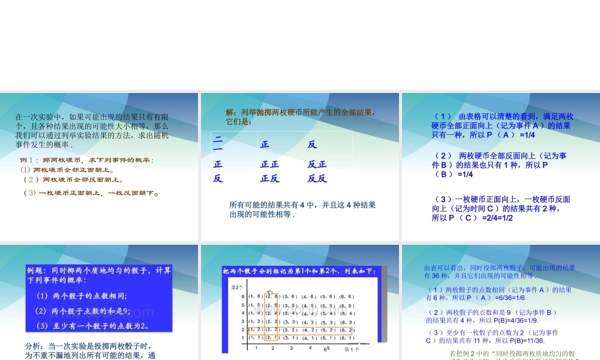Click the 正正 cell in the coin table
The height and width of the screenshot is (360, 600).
(269, 164)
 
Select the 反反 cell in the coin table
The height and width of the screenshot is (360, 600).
(317, 178)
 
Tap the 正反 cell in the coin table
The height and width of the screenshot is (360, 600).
(269, 178)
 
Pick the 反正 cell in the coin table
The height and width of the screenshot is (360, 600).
(317, 164)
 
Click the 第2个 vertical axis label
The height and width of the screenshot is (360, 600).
(237, 288)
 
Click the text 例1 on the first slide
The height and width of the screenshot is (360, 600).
(29, 160)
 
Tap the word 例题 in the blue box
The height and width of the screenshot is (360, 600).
(37, 271)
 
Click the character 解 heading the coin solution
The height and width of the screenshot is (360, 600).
(230, 112)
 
